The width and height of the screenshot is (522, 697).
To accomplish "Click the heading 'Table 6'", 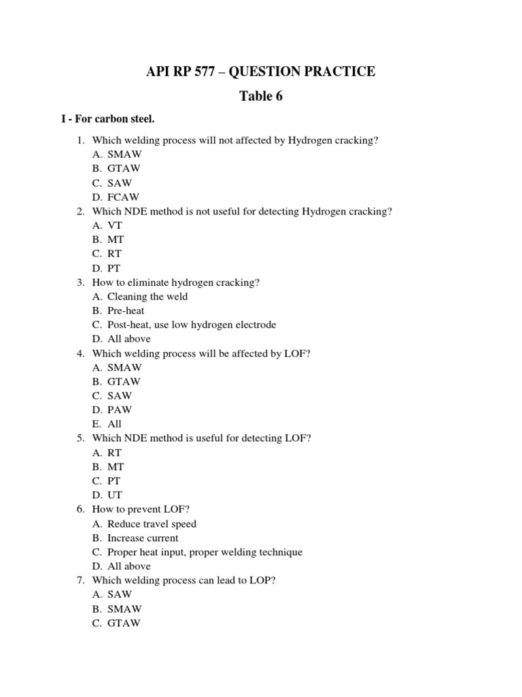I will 260,96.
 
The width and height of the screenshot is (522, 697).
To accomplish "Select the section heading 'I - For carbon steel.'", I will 108,120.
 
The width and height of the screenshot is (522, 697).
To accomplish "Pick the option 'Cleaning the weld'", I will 147,296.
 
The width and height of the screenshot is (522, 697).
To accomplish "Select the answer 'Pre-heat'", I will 126,310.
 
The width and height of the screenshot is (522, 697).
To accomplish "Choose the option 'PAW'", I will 120,410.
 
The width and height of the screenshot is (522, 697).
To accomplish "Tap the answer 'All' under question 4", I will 114,424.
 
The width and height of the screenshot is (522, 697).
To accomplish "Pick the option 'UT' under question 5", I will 115,495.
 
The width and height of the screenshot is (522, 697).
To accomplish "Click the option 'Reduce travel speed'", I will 152,523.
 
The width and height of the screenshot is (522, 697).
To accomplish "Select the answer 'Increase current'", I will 143,538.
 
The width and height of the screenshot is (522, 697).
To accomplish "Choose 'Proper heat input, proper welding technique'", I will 205,552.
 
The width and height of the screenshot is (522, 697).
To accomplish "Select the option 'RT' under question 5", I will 115,453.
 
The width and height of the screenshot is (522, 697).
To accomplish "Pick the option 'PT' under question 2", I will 115,268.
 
